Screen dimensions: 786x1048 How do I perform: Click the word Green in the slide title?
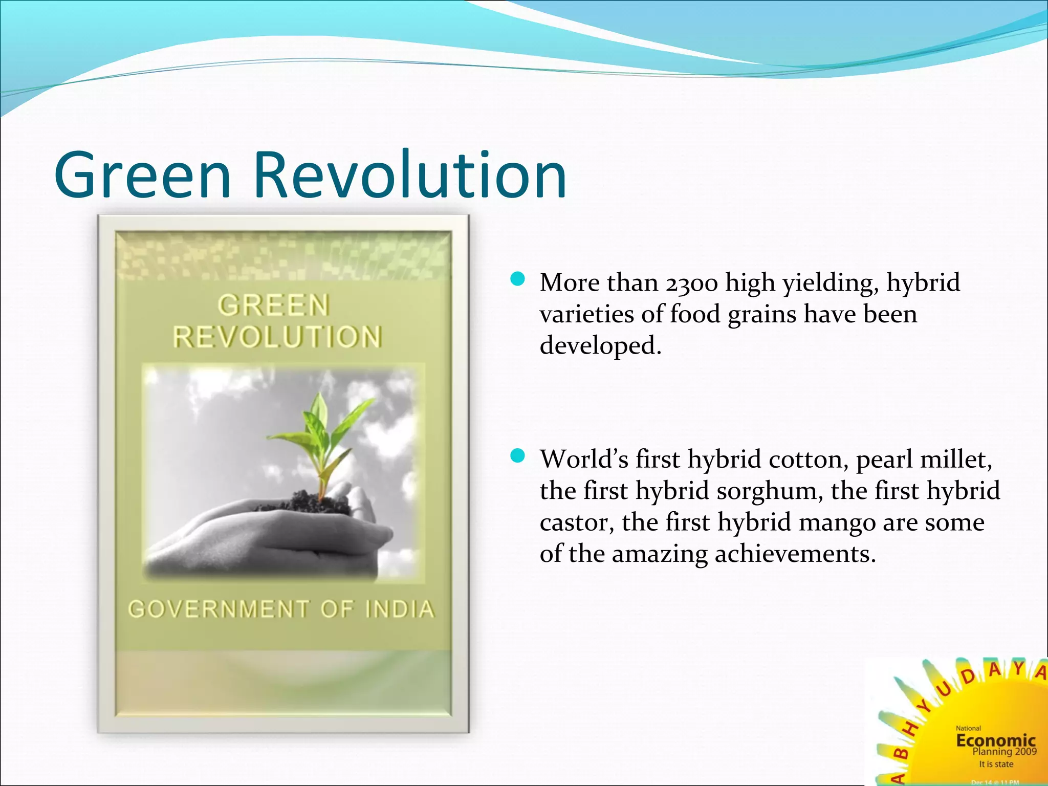(143, 175)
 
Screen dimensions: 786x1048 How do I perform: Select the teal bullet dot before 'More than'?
(518, 279)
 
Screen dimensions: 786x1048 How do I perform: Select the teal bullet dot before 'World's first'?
(518, 455)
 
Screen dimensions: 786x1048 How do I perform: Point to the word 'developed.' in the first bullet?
(601, 346)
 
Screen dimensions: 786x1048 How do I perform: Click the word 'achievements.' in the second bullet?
(795, 554)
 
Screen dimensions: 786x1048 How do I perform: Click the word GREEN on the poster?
(273, 305)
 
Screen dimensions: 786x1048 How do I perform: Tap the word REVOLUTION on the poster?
(277, 338)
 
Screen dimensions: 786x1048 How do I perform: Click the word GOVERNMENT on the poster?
(219, 609)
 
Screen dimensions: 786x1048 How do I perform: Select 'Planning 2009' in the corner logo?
(1004, 752)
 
